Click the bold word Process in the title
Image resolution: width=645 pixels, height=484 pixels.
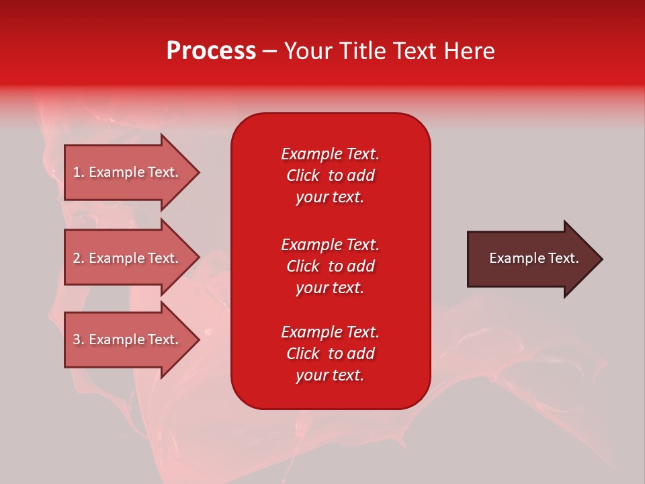(211, 51)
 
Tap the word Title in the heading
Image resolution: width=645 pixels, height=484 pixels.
(364, 51)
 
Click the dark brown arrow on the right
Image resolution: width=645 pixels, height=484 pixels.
(531, 259)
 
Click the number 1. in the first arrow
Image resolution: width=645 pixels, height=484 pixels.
(79, 173)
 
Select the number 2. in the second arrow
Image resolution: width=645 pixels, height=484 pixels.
(79, 258)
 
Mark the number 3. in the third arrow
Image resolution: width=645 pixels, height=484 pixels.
(79, 340)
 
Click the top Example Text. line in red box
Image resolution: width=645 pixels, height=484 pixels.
(330, 154)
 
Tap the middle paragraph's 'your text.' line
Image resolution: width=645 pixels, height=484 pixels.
(330, 288)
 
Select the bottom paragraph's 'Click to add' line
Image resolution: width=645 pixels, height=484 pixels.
(330, 354)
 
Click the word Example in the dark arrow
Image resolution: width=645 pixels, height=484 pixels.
(511, 258)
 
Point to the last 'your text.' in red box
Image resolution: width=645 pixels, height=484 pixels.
(330, 375)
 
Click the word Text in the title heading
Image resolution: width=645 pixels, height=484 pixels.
(415, 51)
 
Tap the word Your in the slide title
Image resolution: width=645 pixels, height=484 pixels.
(308, 51)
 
